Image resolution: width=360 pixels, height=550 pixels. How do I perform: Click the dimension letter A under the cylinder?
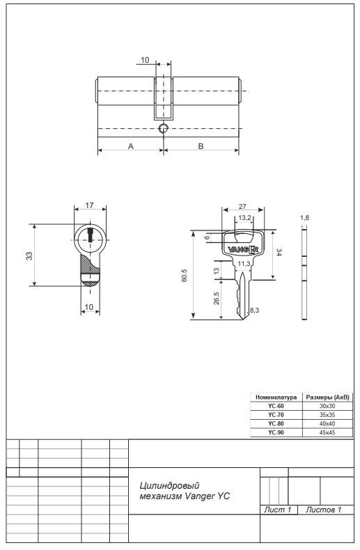[130, 146]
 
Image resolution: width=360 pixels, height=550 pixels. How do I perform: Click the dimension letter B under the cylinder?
[201, 146]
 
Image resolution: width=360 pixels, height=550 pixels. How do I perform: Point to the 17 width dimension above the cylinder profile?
[90, 205]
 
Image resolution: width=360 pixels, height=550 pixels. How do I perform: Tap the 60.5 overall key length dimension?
[185, 276]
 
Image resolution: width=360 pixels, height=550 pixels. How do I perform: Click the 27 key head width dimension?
[242, 207]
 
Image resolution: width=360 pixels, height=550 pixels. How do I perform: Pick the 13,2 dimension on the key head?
[244, 218]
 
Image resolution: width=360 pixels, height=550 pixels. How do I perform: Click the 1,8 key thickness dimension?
[304, 219]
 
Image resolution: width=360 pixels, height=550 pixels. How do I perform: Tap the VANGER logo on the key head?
[243, 249]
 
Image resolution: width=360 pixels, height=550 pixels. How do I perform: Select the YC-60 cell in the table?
[276, 405]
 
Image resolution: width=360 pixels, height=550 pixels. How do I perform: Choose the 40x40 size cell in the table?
[327, 423]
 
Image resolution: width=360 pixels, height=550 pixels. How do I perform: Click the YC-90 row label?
[276, 432]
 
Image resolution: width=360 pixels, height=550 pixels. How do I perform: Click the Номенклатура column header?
[276, 396]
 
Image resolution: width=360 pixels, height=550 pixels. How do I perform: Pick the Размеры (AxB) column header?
[327, 396]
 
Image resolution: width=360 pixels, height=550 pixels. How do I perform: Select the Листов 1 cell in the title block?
[324, 510]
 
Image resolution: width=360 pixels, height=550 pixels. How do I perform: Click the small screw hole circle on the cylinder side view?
[164, 129]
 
